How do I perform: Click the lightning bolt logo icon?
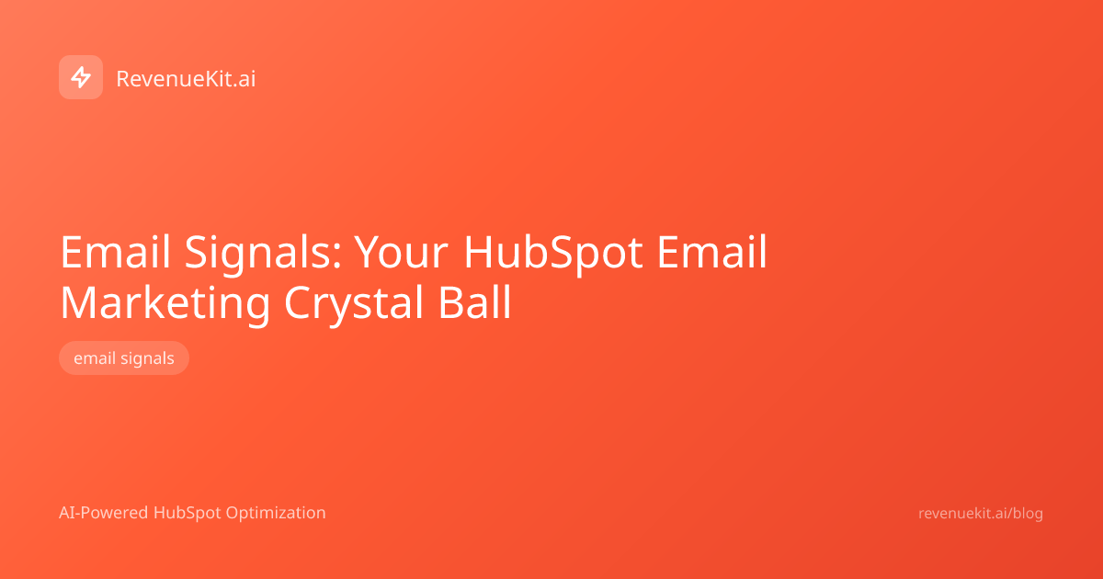(x=81, y=77)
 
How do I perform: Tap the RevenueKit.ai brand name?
(x=186, y=79)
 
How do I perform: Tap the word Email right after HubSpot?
(x=712, y=252)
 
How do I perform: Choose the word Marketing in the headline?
(x=165, y=303)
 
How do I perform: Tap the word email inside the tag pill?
(x=95, y=358)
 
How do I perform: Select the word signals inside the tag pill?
(x=147, y=358)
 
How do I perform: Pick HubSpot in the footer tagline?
(x=189, y=513)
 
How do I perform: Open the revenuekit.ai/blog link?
(x=981, y=514)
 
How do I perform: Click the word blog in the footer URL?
(x=1027, y=514)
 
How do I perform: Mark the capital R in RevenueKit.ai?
(x=123, y=79)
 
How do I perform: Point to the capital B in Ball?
(x=447, y=303)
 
